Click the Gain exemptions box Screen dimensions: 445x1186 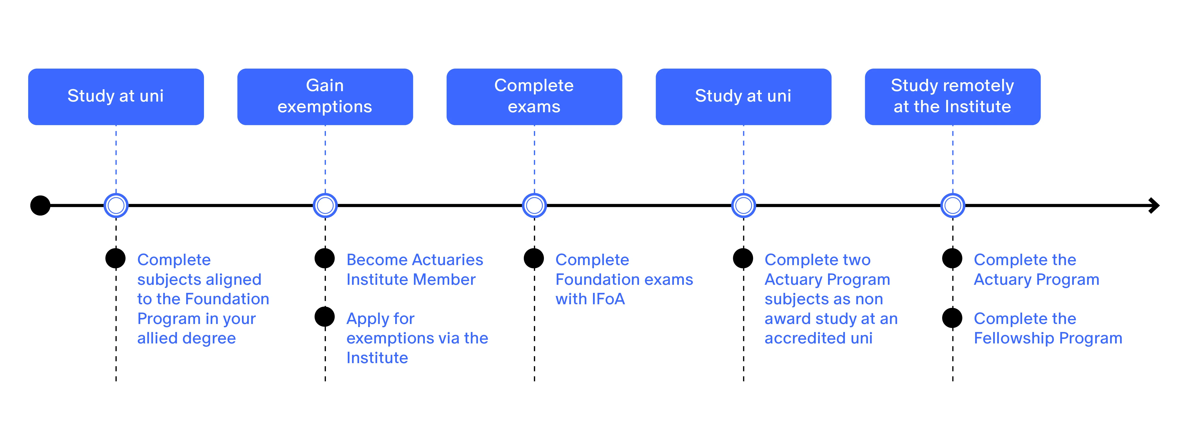[x=325, y=97]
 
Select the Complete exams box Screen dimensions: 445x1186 [x=534, y=97]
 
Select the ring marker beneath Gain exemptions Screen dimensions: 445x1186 [x=325, y=206]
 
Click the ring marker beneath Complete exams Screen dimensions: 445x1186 [x=534, y=206]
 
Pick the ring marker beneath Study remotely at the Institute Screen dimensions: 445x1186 [x=953, y=206]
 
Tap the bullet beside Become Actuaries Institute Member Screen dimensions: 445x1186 [x=324, y=258]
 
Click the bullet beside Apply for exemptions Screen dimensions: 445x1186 [x=324, y=317]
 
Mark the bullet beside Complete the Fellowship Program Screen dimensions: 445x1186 [x=952, y=318]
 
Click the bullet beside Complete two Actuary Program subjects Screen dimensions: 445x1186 [x=743, y=258]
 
